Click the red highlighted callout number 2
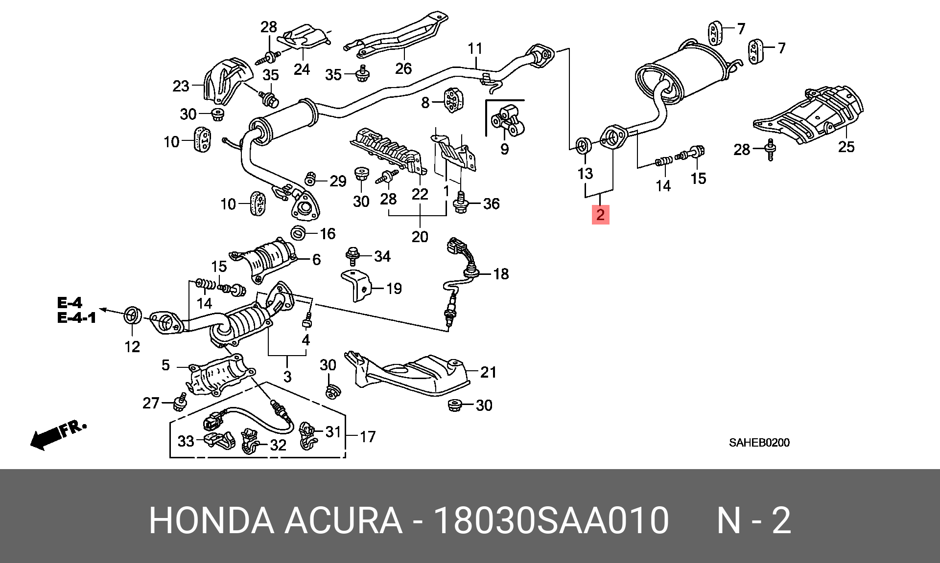tap(600, 215)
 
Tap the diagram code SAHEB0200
tap(759, 443)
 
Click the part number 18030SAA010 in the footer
tap(551, 520)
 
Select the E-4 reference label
tap(70, 303)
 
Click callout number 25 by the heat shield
tap(846, 147)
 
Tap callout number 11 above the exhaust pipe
tap(475, 48)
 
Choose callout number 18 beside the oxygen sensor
tap(501, 274)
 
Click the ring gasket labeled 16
tap(298, 233)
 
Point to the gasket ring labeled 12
tap(132, 315)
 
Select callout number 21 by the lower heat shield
tap(488, 372)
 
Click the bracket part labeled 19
tap(356, 286)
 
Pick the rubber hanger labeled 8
tap(453, 101)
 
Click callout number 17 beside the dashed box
tap(368, 436)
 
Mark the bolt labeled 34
tap(352, 255)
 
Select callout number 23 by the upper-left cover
tap(181, 86)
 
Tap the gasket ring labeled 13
tap(583, 145)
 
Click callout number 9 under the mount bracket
tap(505, 149)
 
